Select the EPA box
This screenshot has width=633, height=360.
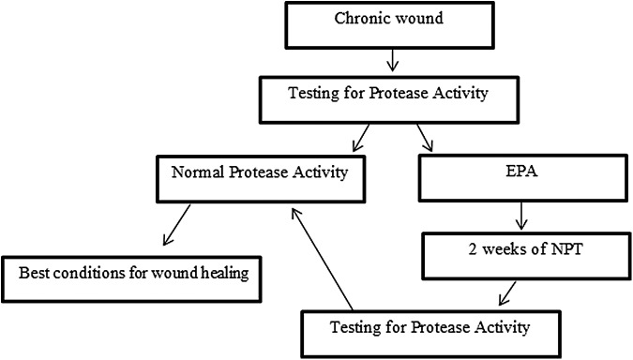pos(520,174)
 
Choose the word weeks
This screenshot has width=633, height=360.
pos(503,251)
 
